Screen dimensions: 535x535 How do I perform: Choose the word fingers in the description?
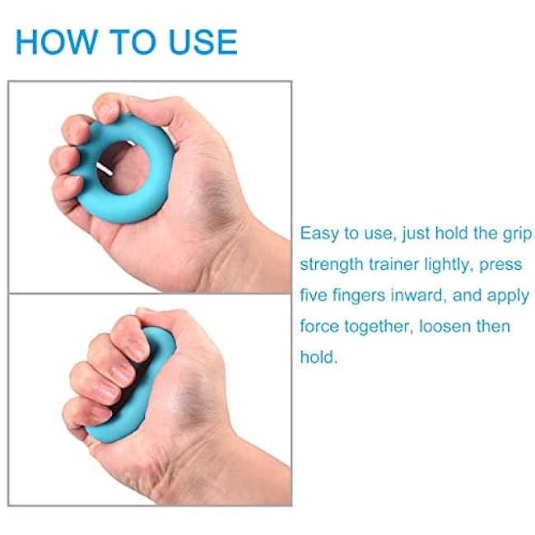click(x=365, y=295)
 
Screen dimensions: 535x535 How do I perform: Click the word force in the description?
click(x=319, y=327)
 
